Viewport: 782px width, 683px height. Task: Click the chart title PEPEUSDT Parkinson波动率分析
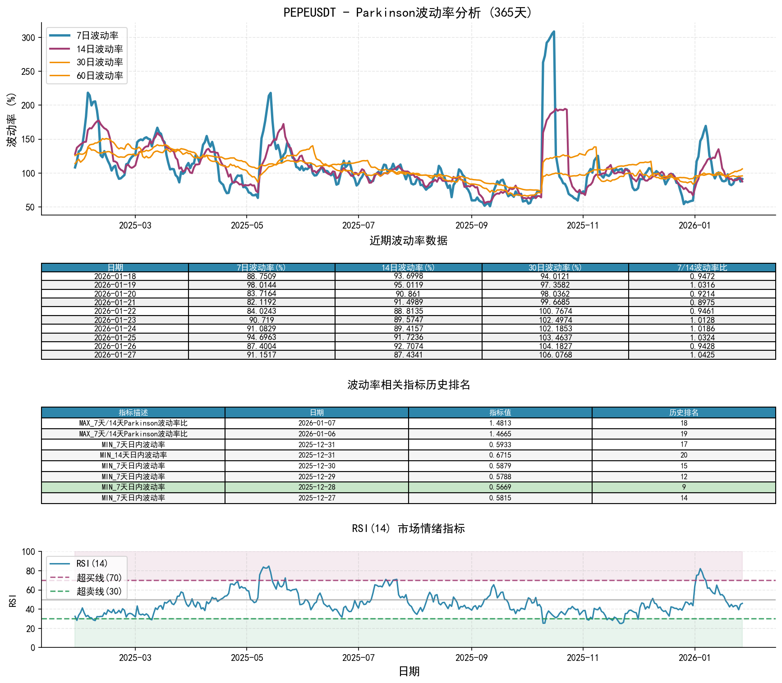[408, 12]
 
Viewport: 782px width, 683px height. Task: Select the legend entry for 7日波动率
[97, 36]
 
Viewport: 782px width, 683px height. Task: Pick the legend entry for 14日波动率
[99, 49]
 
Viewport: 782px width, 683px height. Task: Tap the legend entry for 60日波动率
[99, 76]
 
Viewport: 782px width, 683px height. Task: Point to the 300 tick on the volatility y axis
[28, 38]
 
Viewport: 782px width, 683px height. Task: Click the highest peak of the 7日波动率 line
[554, 32]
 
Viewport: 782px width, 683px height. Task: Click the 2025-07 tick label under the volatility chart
[358, 225]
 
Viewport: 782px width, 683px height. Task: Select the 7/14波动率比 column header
[702, 268]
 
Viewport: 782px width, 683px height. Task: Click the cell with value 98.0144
[262, 285]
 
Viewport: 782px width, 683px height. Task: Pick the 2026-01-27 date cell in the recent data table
[115, 355]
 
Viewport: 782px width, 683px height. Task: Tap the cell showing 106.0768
[555, 355]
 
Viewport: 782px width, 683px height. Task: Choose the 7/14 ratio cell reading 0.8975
[702, 303]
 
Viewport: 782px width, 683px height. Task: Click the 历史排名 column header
[684, 413]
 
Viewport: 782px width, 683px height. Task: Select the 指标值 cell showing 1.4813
[500, 423]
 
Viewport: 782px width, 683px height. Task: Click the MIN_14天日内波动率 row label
[133, 455]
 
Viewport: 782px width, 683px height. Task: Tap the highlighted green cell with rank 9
[684, 487]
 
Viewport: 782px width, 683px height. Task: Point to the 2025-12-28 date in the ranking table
[317, 487]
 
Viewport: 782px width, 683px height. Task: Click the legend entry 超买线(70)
[99, 578]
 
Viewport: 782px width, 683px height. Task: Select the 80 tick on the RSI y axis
[30, 571]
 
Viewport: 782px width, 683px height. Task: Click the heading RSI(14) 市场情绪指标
[408, 528]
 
